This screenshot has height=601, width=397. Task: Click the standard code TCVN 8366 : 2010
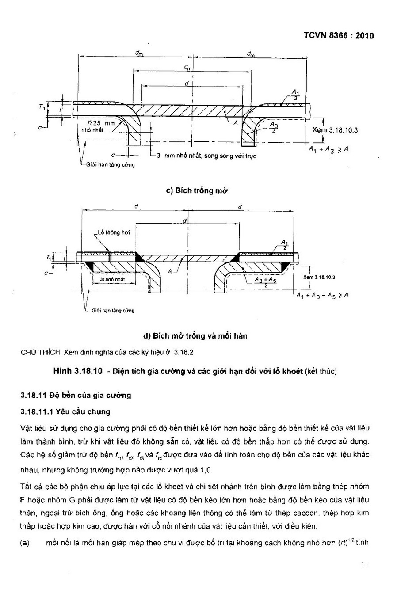(x=339, y=36)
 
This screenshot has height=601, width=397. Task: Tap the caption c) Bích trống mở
(x=197, y=190)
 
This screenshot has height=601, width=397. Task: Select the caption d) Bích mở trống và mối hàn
(x=195, y=336)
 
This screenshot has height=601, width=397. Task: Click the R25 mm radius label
(x=101, y=123)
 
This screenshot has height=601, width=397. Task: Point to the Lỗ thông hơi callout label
(x=114, y=232)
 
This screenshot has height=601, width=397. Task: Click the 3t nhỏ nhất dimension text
(x=112, y=279)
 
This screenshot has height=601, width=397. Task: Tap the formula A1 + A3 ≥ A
(x=328, y=150)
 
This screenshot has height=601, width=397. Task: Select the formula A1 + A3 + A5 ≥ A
(x=322, y=296)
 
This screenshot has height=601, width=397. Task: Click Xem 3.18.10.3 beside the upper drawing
(x=335, y=130)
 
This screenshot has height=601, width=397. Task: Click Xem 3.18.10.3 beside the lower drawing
(x=319, y=277)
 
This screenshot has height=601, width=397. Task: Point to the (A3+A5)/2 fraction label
(x=265, y=282)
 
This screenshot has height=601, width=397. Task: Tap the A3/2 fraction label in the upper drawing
(x=274, y=127)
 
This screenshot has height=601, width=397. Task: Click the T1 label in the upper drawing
(x=42, y=107)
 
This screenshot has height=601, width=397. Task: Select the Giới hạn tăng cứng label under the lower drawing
(x=113, y=311)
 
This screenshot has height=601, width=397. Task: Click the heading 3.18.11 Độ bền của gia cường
(x=76, y=395)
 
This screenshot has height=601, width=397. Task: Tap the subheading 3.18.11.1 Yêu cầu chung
(x=65, y=411)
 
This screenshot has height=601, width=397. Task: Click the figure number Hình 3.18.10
(x=78, y=371)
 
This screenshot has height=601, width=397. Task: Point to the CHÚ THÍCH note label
(x=41, y=352)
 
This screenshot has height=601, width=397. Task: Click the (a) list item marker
(x=25, y=543)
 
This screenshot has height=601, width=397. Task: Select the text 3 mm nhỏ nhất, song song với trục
(x=206, y=156)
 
